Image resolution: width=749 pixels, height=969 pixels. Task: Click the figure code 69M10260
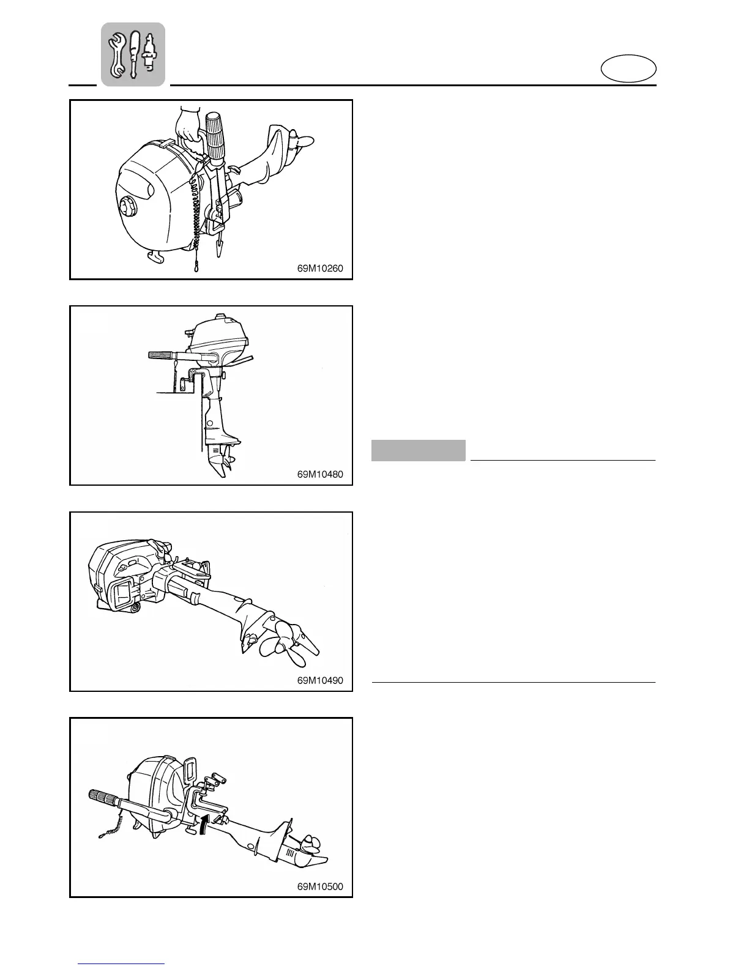pyautogui.click(x=320, y=268)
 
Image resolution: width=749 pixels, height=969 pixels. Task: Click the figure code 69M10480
pyautogui.click(x=320, y=473)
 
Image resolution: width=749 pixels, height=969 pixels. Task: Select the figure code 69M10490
pyautogui.click(x=320, y=680)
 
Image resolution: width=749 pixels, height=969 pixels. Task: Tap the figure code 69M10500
pyautogui.click(x=320, y=886)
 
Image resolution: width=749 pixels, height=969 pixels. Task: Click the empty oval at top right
pyautogui.click(x=628, y=69)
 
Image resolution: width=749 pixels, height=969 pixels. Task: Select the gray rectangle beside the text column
pyautogui.click(x=418, y=451)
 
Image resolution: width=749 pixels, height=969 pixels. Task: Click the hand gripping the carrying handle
pyautogui.click(x=187, y=128)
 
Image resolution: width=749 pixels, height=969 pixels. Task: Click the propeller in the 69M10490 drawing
pyautogui.click(x=292, y=643)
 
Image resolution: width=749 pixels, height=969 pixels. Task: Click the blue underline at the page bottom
pyautogui.click(x=122, y=963)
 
